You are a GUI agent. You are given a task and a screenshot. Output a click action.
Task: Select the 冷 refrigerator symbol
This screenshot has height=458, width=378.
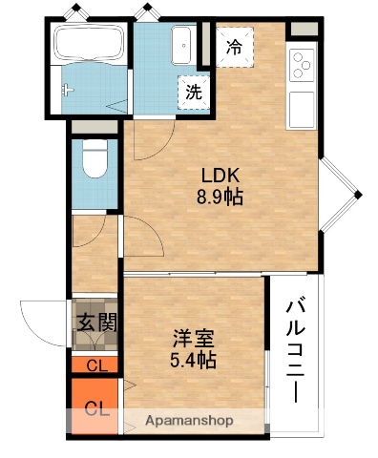[234, 46]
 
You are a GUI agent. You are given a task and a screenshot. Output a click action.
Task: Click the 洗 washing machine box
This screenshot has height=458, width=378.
[194, 93]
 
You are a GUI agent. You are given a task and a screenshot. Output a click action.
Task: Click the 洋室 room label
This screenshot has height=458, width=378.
[192, 338]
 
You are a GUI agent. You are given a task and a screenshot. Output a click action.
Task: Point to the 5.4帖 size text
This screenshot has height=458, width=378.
[192, 360]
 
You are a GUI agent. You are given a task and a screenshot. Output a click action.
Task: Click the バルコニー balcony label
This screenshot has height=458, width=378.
[295, 350]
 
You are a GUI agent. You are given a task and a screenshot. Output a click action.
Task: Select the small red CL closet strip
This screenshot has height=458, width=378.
[95, 364]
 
